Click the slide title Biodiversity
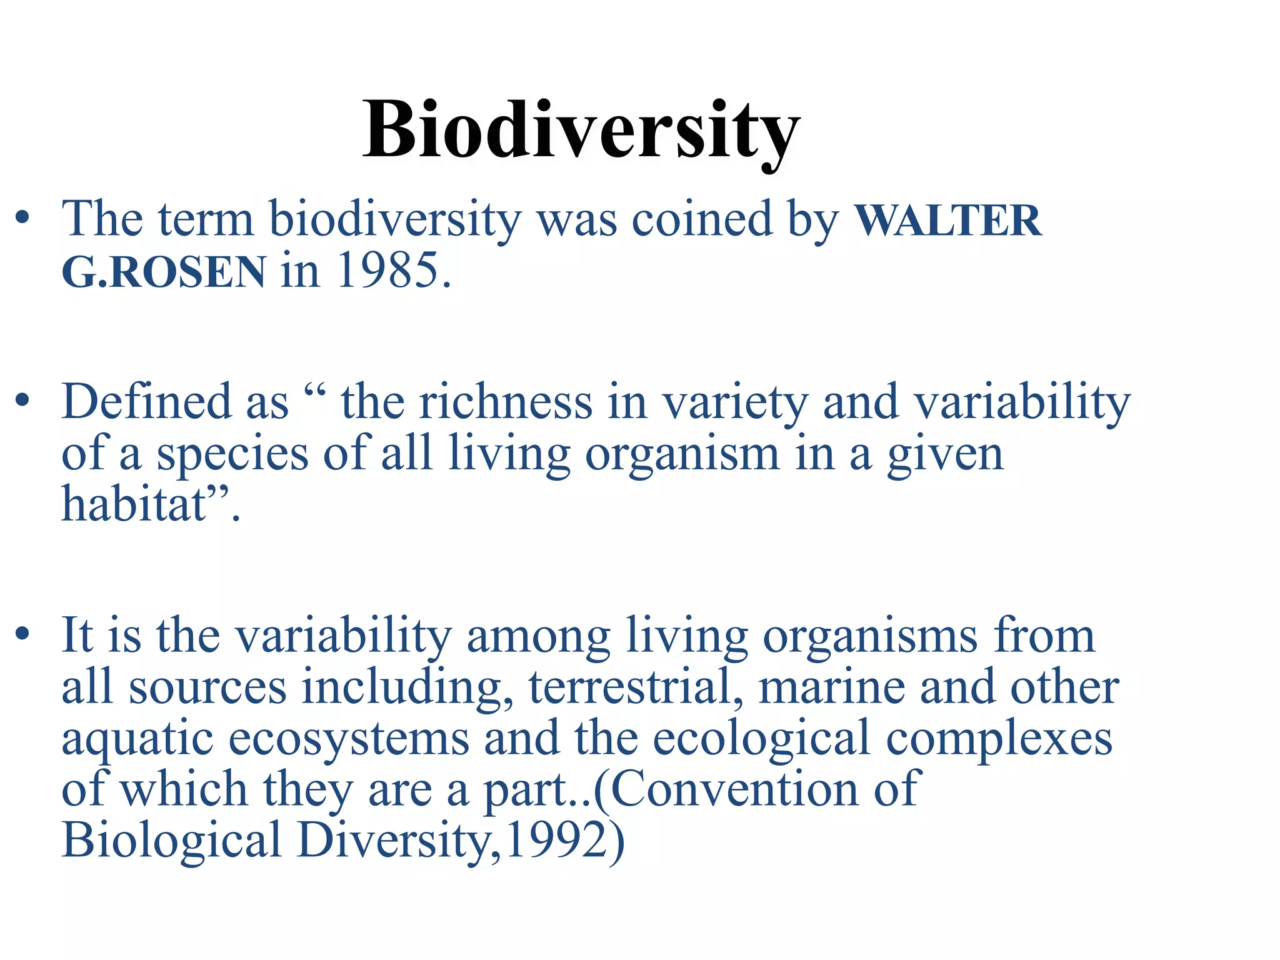[x=581, y=131]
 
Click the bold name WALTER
[x=947, y=221]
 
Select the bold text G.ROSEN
[x=164, y=272]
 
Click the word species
[x=232, y=455]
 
